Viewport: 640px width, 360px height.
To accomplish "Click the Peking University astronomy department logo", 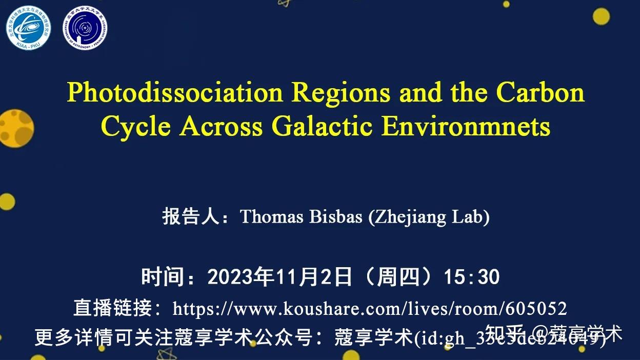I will (x=85, y=29).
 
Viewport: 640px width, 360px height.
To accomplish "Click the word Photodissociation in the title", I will (x=175, y=93).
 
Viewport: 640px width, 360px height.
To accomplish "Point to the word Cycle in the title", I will (x=136, y=126).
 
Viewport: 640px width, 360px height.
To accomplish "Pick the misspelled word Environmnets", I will (x=466, y=126).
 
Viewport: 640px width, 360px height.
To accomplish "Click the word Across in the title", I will (x=221, y=126).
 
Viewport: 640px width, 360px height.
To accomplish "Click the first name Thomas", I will (x=272, y=217).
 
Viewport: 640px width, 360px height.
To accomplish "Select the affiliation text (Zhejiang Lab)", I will (x=429, y=217).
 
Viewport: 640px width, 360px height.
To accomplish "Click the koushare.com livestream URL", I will (x=369, y=309).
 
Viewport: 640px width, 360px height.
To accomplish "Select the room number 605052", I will (x=536, y=309).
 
